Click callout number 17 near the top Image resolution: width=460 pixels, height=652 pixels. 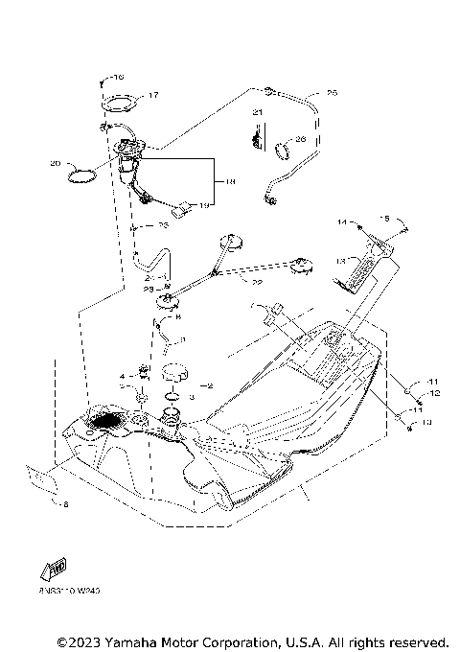(x=153, y=95)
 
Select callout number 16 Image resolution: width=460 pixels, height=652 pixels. (x=118, y=77)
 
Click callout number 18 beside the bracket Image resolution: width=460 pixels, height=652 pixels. (x=230, y=180)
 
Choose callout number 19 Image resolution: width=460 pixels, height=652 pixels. (x=202, y=205)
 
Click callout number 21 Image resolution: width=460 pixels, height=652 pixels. (x=256, y=113)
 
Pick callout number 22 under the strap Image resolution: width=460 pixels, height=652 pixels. (x=256, y=282)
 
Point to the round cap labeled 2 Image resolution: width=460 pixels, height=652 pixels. (x=175, y=372)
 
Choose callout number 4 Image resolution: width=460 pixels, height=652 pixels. (x=122, y=376)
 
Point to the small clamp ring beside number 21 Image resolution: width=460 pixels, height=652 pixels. (x=285, y=149)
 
